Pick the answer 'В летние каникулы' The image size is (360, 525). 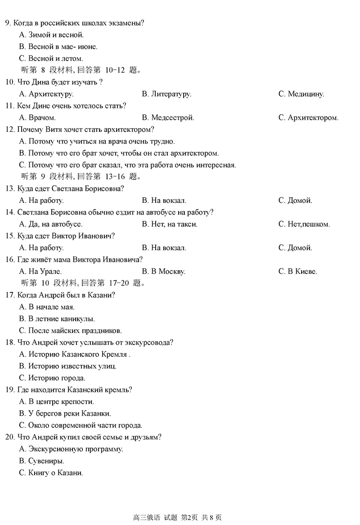point(57,319)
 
